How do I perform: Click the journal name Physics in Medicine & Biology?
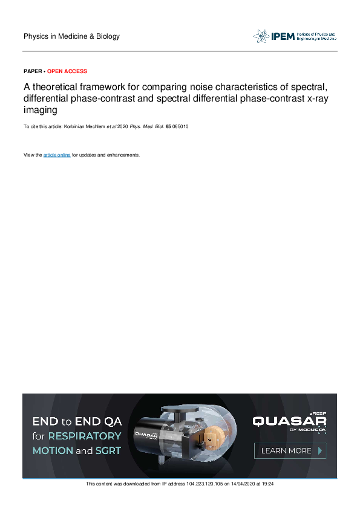point(71,36)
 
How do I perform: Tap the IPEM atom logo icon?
point(261,36)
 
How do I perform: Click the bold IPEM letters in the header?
point(282,36)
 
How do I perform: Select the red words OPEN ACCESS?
point(67,71)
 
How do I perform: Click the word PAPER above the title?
point(33,71)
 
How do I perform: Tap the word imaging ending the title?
point(41,110)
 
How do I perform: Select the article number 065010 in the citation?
point(188,128)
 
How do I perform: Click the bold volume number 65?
point(177,128)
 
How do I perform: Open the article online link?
point(57,155)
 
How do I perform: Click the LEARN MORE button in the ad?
point(290,450)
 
